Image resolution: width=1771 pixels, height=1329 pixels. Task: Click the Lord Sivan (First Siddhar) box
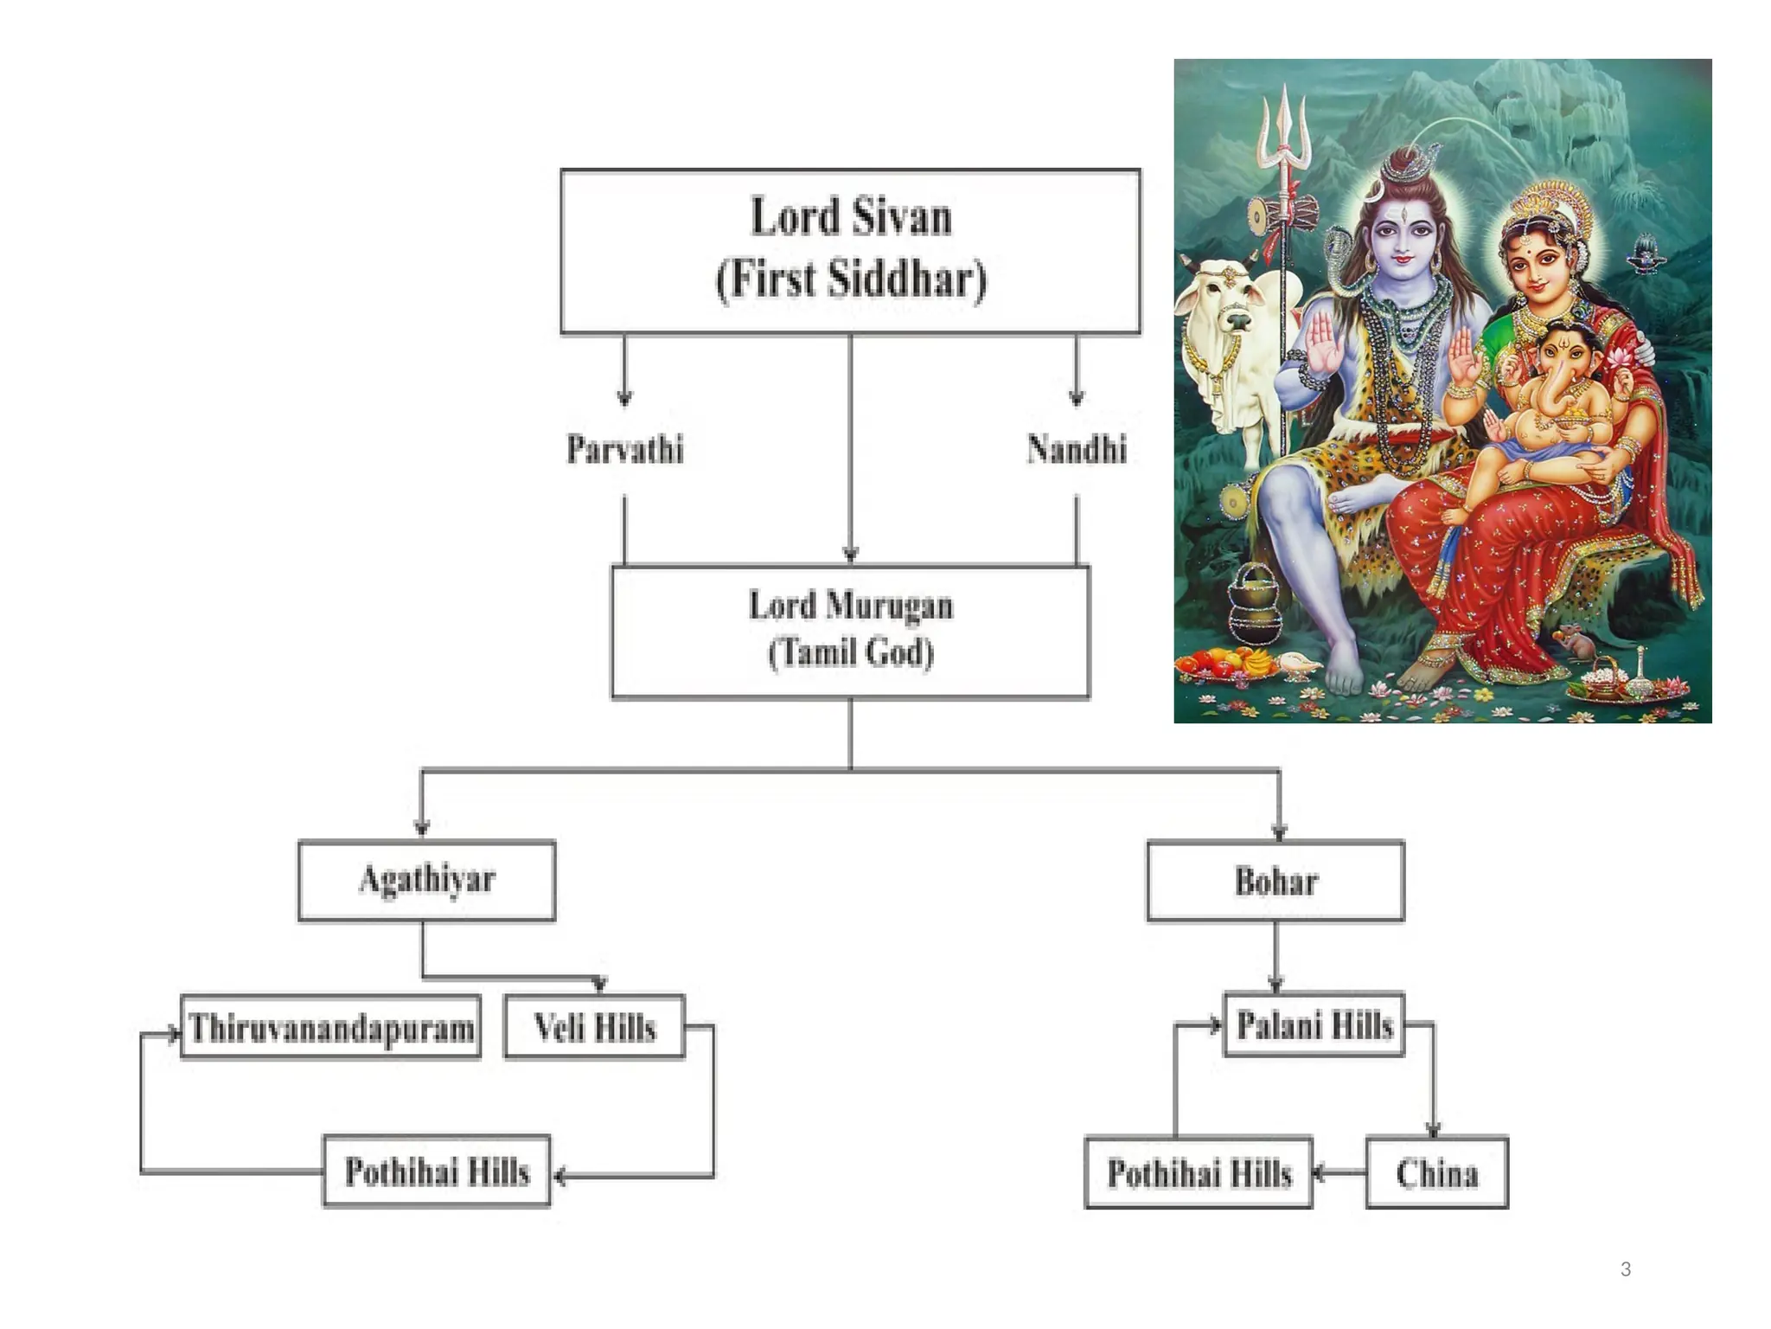pos(850,251)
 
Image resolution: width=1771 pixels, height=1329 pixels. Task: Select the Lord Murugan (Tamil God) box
pos(850,631)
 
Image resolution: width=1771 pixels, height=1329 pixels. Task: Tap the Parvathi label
pos(624,449)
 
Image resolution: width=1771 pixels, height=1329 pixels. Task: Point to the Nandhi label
pos(1077,449)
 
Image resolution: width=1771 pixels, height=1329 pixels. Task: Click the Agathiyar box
pos(426,880)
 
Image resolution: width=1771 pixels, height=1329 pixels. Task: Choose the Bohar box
pos(1276,881)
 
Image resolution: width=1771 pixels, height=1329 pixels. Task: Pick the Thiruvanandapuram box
pos(330,1027)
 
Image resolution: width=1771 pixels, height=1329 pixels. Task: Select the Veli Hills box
pos(594,1027)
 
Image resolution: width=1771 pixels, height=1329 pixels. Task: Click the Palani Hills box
pos(1314,1024)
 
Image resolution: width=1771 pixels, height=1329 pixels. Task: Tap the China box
pos(1436,1172)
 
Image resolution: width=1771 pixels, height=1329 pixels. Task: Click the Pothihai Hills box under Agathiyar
pos(437,1171)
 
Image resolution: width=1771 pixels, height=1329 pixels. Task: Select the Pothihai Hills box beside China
pos(1199,1172)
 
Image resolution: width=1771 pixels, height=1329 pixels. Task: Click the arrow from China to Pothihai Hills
pos(1339,1173)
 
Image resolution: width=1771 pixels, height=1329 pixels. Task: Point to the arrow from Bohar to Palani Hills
pos(1276,957)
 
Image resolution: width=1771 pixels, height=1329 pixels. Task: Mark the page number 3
pos(1626,1269)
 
